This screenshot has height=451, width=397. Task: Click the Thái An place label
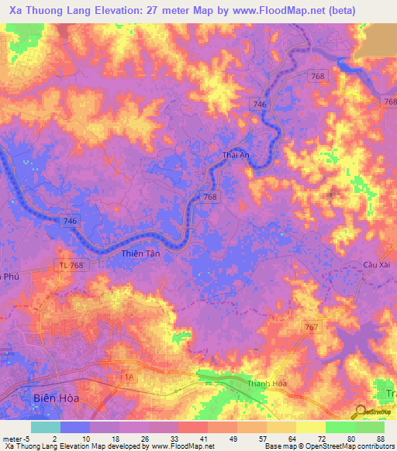[x=235, y=155]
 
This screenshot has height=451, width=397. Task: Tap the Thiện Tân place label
[x=140, y=253]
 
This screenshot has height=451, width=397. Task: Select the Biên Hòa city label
[x=56, y=398]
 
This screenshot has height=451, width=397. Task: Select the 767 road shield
[x=311, y=328]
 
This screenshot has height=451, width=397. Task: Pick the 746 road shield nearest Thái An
[x=260, y=104]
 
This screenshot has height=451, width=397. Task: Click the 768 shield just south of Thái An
[x=209, y=198]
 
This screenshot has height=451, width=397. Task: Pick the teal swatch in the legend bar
[x=46, y=427]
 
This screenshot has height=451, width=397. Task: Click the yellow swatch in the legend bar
[x=311, y=427]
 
